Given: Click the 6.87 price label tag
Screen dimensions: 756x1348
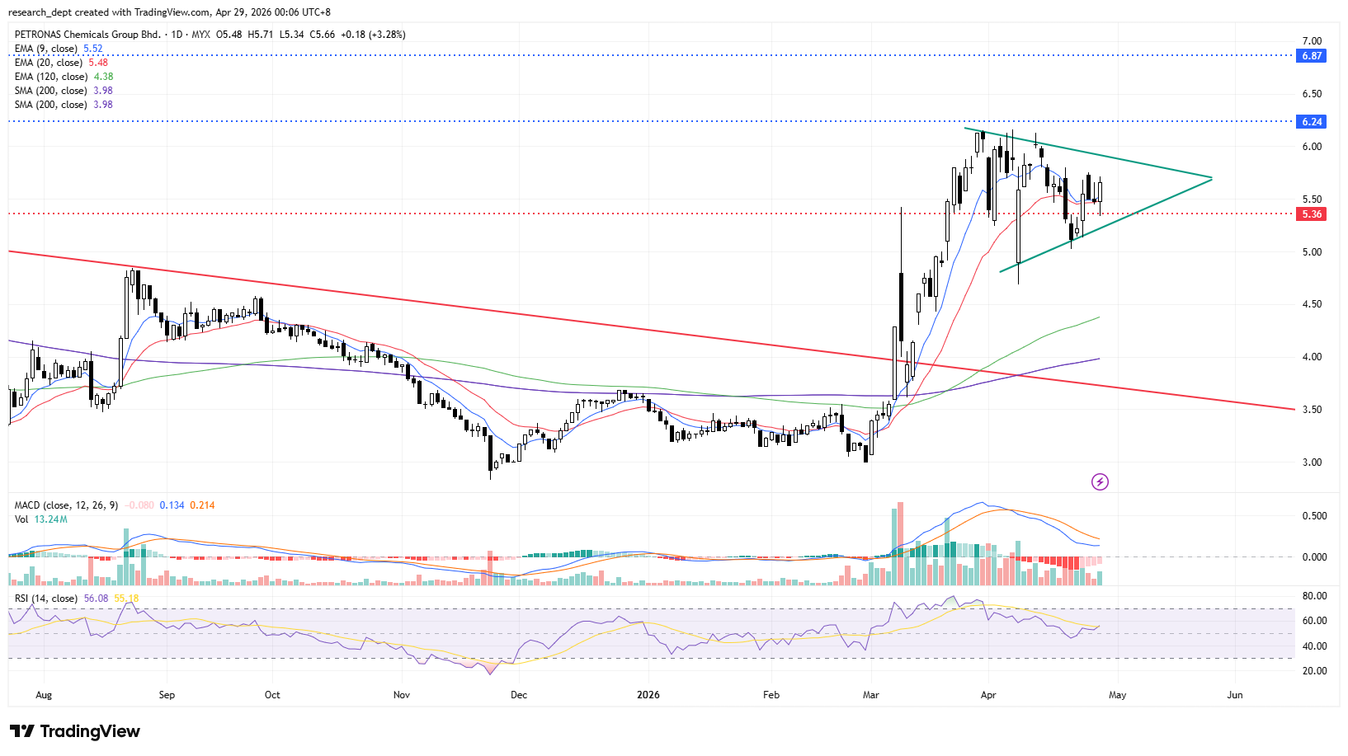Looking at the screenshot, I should (x=1312, y=56).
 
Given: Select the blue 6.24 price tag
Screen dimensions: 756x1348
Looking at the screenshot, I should (x=1312, y=122).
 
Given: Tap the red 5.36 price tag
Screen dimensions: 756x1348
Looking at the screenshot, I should (x=1312, y=214).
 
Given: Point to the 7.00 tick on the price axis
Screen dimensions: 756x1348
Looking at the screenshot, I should (x=1312, y=41).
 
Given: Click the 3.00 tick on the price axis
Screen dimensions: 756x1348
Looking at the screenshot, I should (x=1312, y=463).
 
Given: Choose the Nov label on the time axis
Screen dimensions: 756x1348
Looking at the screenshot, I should (x=402, y=695).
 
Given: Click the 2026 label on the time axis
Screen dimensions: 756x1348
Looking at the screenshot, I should (x=648, y=695).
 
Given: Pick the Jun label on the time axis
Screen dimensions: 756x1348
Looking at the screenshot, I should (x=1235, y=695).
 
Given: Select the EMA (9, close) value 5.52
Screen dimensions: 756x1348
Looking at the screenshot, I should (x=93, y=49).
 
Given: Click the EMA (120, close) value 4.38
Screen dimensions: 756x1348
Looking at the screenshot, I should (x=103, y=77).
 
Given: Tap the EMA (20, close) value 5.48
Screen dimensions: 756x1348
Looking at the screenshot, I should (x=98, y=63).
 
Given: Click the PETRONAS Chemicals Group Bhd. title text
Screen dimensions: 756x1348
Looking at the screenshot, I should (x=87, y=35).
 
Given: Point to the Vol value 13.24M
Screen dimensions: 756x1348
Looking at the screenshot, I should (x=51, y=519).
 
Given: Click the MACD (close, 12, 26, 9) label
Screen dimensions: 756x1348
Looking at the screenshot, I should (x=66, y=505).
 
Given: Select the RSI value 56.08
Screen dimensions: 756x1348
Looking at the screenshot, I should (x=96, y=599).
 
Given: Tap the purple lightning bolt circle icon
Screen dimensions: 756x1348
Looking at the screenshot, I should (x=1100, y=481).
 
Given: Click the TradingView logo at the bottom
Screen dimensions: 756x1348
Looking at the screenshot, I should (x=75, y=731).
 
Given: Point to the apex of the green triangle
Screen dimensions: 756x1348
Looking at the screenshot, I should (x=1212, y=178).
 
